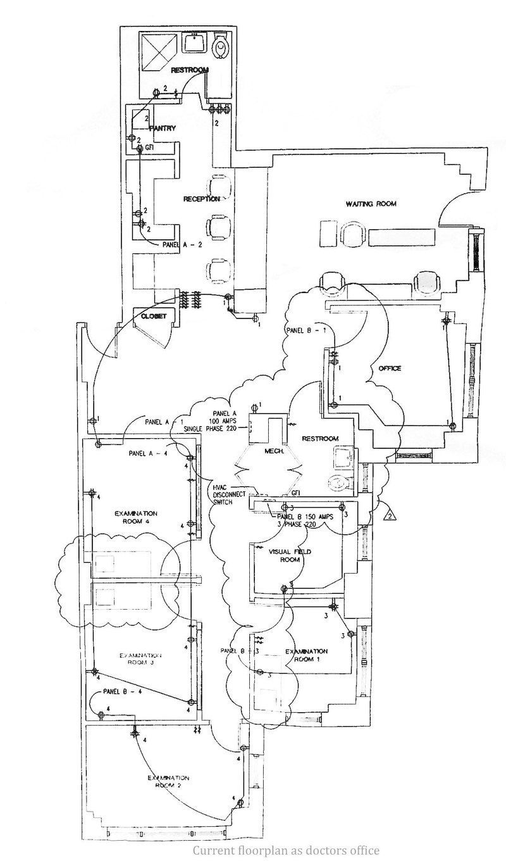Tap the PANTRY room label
point(161,129)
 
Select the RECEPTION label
point(202,199)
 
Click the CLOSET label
point(153,317)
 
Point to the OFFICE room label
point(390,368)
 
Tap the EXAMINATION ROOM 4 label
point(136,517)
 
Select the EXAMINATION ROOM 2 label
point(169,781)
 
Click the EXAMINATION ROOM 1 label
point(306,655)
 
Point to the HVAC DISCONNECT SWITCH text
point(231,494)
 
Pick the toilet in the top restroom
point(220,46)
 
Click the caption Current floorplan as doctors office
point(286,850)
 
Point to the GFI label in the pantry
point(150,148)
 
